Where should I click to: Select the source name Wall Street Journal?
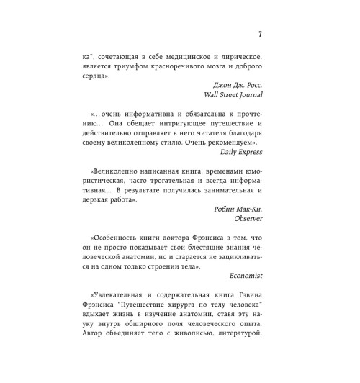point(230,93)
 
